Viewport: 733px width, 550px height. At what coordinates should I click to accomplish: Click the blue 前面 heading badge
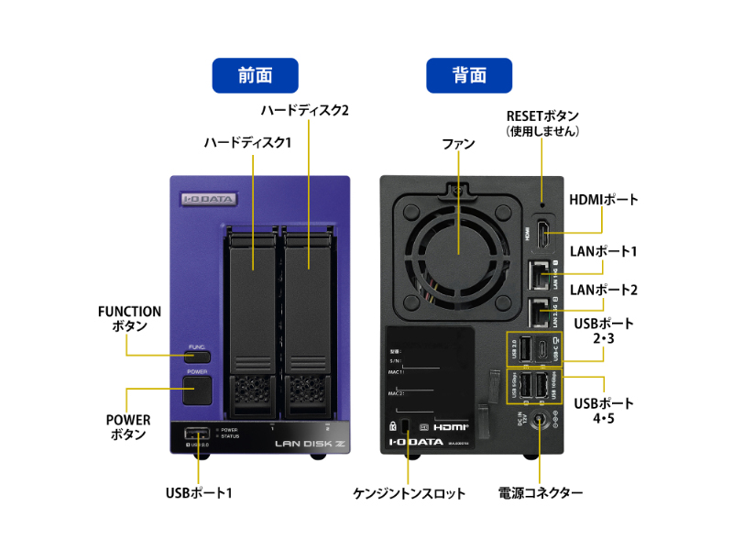(256, 75)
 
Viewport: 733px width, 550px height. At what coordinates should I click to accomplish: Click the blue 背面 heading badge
(469, 75)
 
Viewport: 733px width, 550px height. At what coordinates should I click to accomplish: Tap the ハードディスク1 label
(247, 143)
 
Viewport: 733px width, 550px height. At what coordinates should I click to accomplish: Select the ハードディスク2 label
(306, 111)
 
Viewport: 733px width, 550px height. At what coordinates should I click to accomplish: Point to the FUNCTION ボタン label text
(129, 319)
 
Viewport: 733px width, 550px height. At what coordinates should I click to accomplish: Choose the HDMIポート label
(604, 200)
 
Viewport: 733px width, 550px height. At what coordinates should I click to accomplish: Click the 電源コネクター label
(541, 493)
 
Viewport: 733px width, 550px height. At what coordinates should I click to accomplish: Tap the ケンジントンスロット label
(410, 493)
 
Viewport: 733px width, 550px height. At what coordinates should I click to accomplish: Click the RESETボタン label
(542, 123)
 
